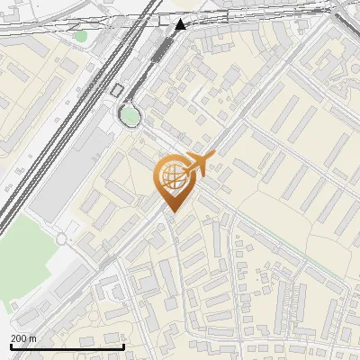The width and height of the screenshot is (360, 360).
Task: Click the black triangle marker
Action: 181,25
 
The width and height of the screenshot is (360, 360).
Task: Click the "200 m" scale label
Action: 23,338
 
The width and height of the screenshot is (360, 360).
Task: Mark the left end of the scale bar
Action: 11,346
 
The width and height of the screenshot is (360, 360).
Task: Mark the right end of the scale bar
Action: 123,346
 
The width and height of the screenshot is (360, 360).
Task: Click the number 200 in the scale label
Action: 20,338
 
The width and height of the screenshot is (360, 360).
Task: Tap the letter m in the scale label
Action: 33,338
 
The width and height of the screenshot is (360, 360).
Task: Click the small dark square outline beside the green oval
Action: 117,89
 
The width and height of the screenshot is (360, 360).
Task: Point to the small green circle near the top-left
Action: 81,36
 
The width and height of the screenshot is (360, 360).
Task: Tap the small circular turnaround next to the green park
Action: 62,239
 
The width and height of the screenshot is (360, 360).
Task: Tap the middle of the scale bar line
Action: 67,346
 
